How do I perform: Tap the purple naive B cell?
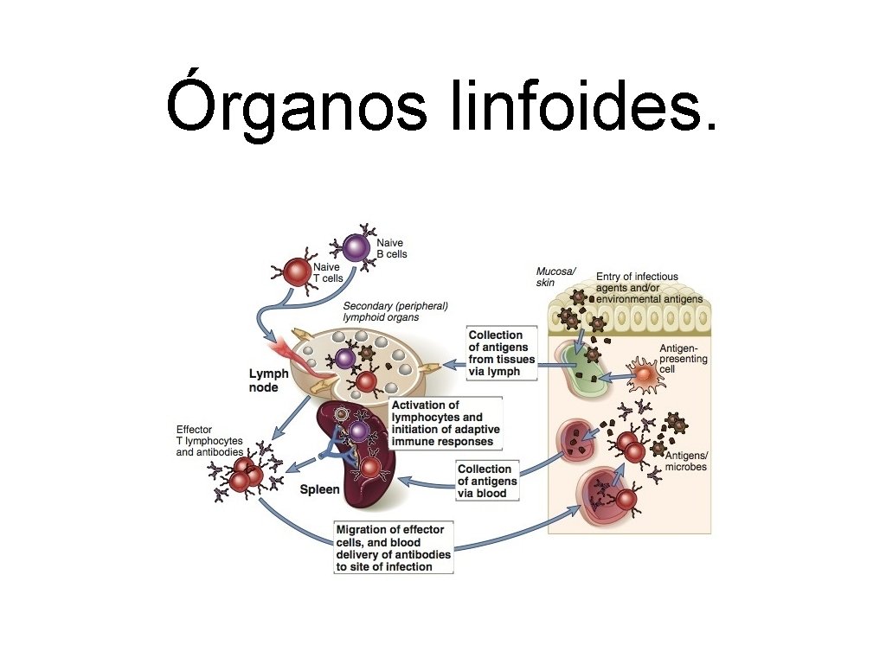click(x=355, y=248)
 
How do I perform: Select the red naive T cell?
click(x=297, y=273)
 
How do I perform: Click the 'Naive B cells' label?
click(x=391, y=249)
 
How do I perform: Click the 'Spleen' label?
click(x=319, y=489)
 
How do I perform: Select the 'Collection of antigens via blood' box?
click(x=489, y=481)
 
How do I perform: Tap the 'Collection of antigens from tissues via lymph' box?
click(x=501, y=353)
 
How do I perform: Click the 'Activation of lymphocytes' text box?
click(x=446, y=423)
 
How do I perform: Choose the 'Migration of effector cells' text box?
click(x=393, y=547)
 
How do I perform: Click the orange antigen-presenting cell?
click(x=643, y=376)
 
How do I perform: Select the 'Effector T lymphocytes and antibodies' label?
click(x=209, y=441)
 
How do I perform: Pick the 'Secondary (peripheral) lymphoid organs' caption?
click(x=395, y=311)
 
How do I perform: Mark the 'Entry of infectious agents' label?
click(x=649, y=288)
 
